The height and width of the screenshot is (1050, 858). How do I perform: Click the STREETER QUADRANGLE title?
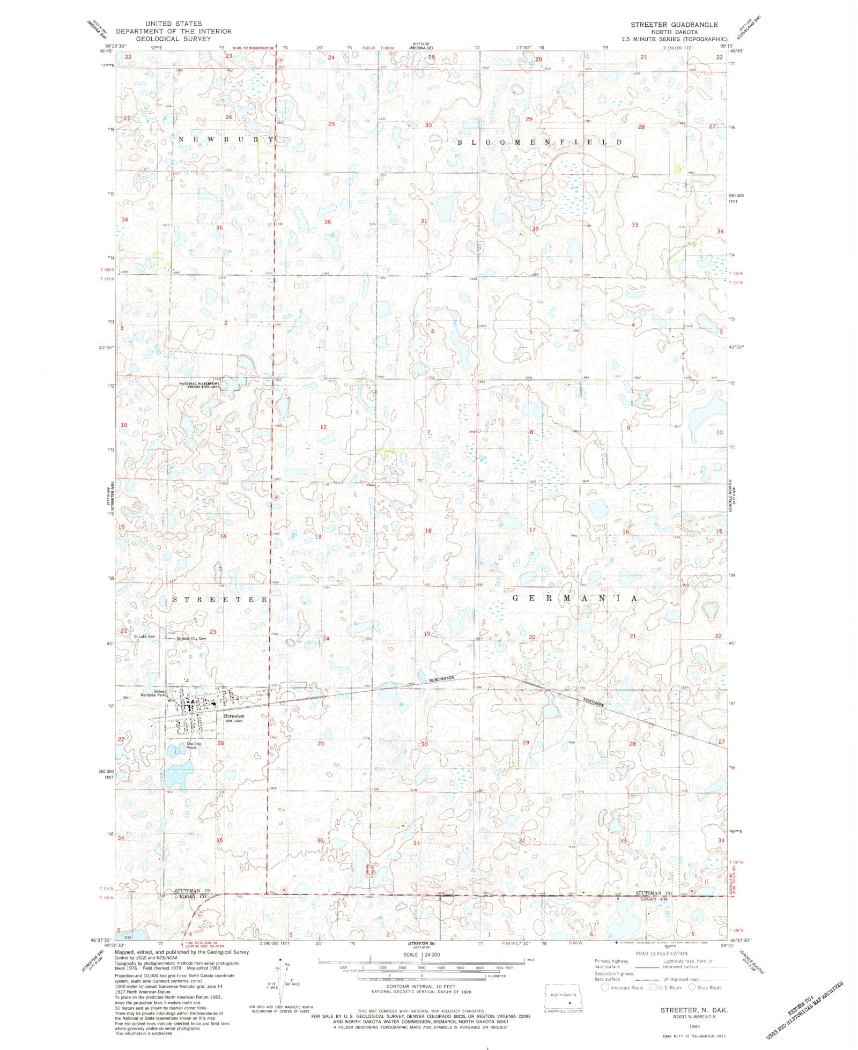674,25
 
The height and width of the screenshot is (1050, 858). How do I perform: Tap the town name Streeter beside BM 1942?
234,716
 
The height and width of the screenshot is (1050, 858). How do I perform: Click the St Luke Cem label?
144,637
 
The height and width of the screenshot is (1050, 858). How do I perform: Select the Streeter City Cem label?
191,639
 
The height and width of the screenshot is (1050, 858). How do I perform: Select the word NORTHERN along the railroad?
593,701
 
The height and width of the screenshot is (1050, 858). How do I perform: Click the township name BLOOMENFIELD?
539,142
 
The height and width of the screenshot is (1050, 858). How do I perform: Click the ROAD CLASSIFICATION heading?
661,953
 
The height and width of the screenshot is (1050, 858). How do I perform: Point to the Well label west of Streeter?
127,698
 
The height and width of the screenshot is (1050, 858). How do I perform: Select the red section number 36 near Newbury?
327,221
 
